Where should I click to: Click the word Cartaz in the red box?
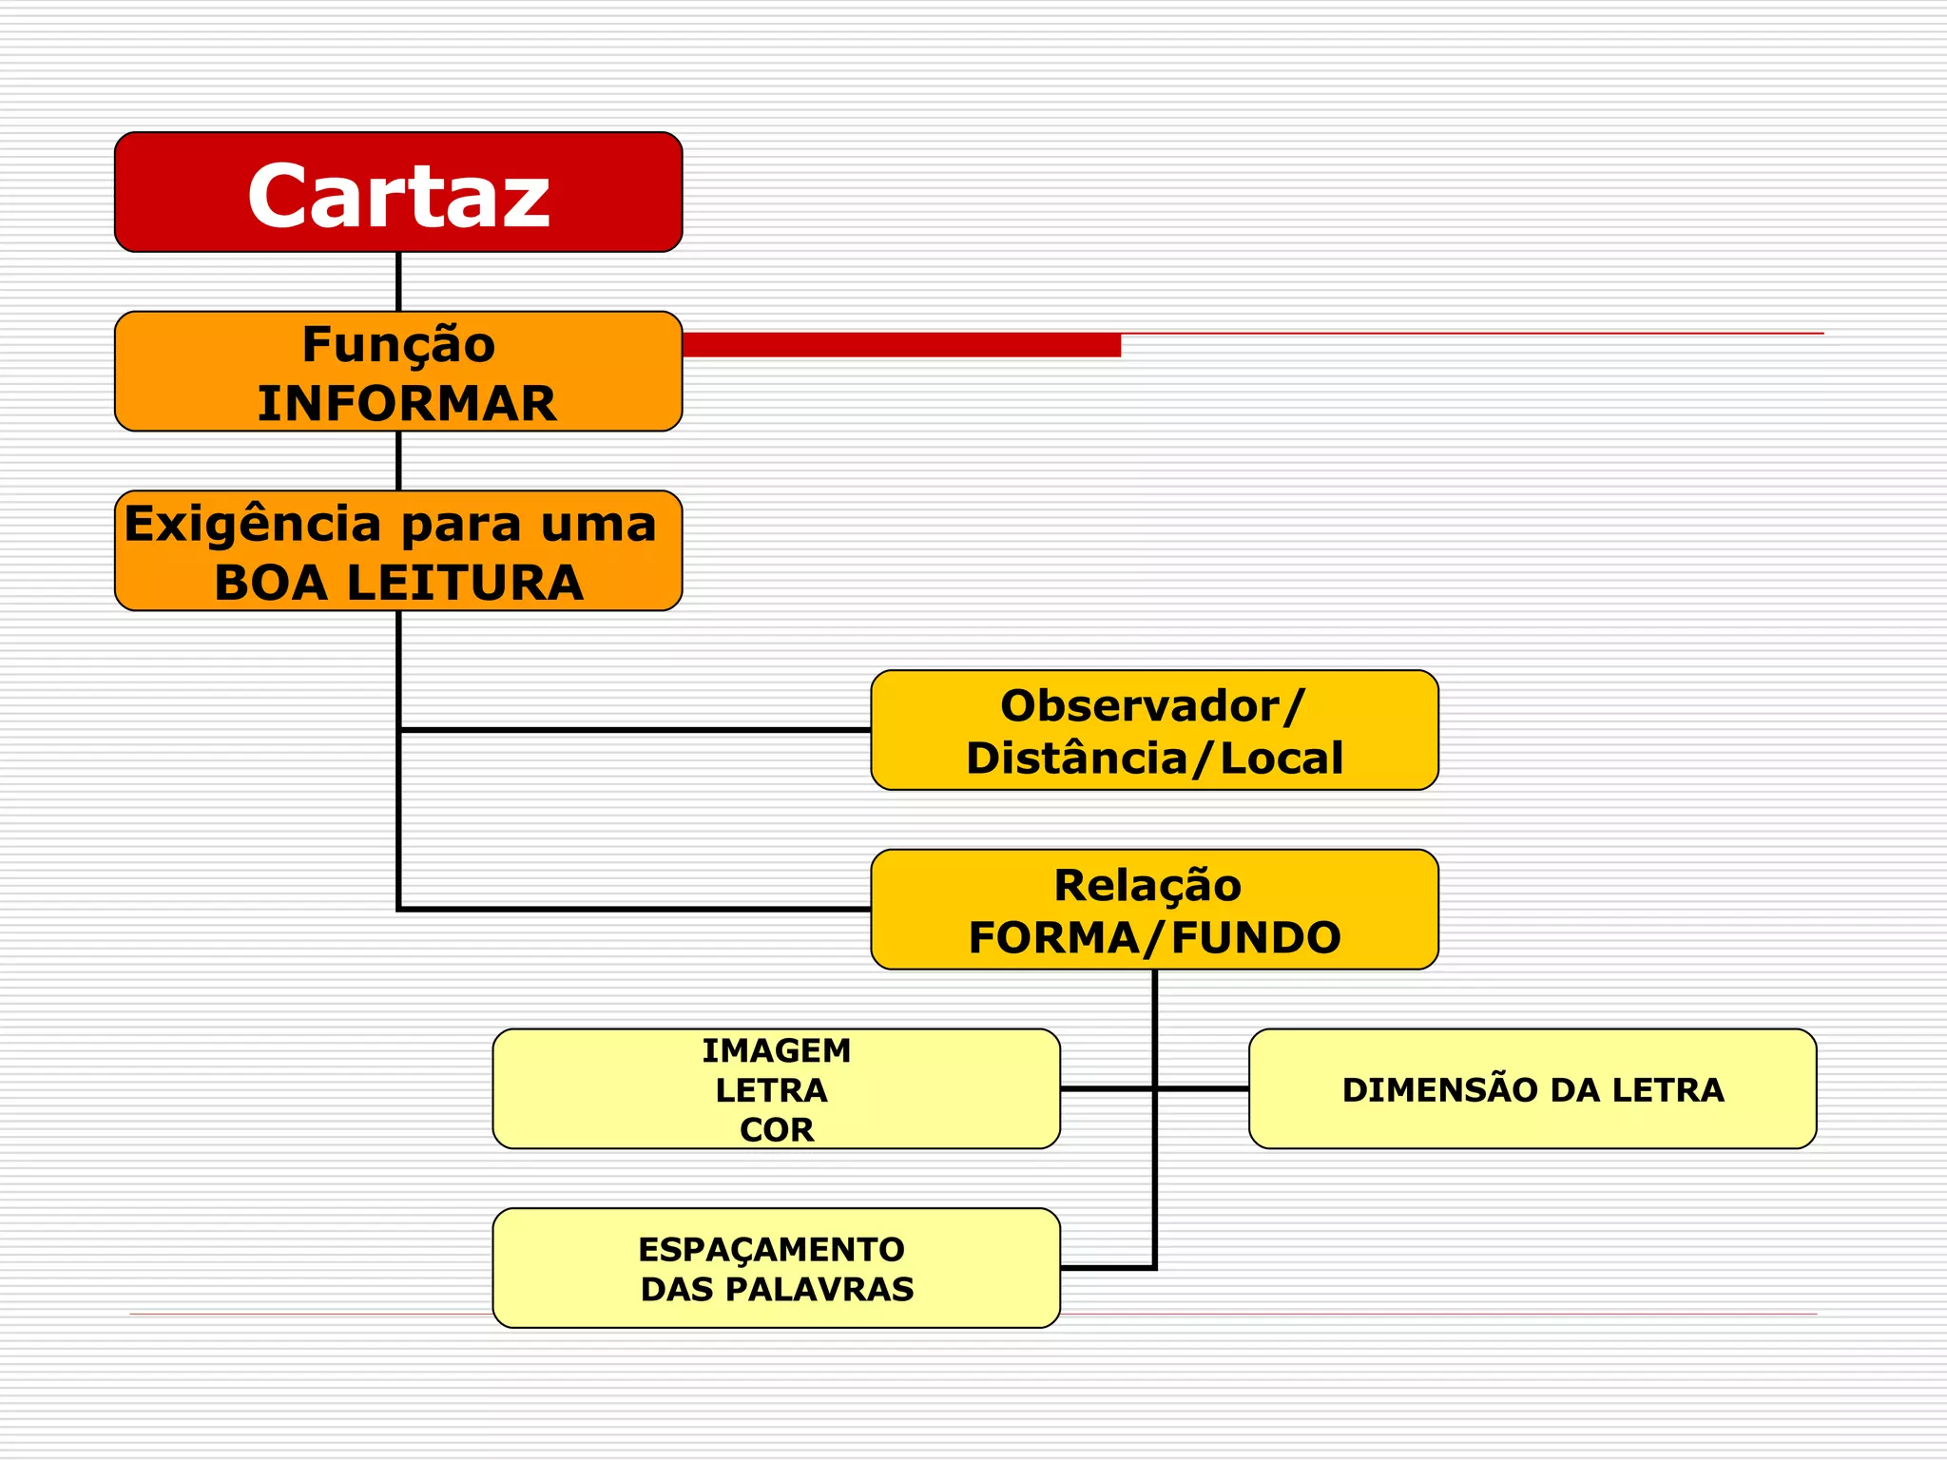tap(398, 196)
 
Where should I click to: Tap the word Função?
tap(398, 344)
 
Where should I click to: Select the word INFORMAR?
tap(407, 404)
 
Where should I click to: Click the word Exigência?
tap(253, 525)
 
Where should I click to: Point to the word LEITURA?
tap(465, 583)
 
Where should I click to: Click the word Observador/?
tap(1153, 706)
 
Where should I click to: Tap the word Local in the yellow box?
tap(1281, 759)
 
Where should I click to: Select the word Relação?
tap(1147, 886)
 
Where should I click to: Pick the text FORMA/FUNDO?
tap(1154, 938)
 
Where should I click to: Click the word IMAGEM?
tap(777, 1050)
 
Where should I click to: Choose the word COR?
tap(777, 1130)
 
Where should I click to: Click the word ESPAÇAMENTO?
tap(771, 1249)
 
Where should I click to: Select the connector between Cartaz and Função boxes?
tap(398, 281)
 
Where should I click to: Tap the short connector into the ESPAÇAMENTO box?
tap(1107, 1267)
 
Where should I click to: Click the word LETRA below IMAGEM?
tap(771, 1090)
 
